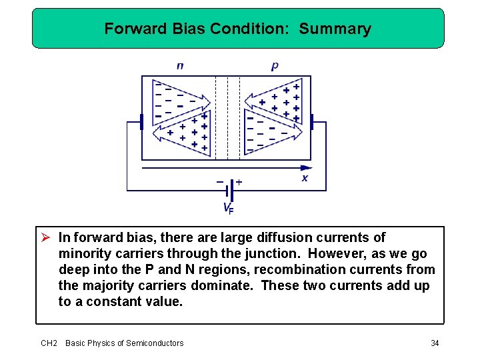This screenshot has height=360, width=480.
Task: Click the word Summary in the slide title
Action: click(x=335, y=29)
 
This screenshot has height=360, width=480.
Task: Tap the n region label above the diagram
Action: click(x=180, y=66)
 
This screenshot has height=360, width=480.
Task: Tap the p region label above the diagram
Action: click(x=275, y=66)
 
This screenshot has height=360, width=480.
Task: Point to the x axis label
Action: click(x=305, y=179)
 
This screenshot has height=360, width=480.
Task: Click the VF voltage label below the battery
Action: click(x=228, y=208)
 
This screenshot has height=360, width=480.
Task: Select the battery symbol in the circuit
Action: click(x=229, y=190)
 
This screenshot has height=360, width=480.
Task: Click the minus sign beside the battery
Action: click(x=219, y=181)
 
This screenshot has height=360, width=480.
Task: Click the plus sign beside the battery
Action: click(x=239, y=181)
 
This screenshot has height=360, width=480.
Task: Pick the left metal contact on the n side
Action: click(x=141, y=122)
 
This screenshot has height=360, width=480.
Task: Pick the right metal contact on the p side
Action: click(x=311, y=122)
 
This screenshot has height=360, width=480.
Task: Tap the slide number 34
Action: click(x=435, y=343)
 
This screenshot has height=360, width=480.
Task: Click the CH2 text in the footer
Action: click(x=49, y=343)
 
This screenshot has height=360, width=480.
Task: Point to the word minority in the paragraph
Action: click(x=83, y=253)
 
